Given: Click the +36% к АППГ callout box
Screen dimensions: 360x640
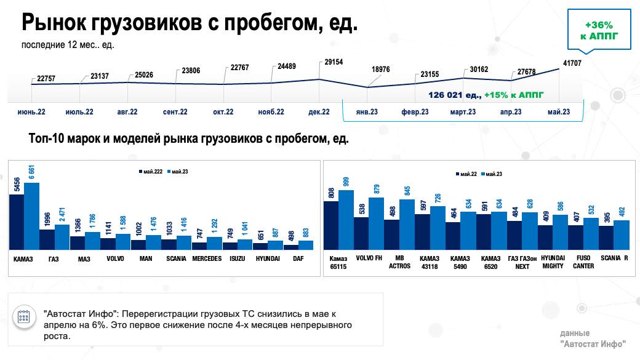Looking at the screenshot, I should (599, 30).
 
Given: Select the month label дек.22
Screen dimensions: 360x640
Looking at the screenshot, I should (318, 112).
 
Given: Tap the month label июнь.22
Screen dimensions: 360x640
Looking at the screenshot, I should (31, 112).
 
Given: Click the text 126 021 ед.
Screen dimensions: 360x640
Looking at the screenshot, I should (455, 95).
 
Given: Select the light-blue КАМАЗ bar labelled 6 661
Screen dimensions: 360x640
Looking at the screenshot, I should (32, 215).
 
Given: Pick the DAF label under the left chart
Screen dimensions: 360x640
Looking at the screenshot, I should (299, 259).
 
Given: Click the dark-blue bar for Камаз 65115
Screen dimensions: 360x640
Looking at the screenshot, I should (331, 225).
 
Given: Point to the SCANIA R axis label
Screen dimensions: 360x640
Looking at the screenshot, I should (614, 258).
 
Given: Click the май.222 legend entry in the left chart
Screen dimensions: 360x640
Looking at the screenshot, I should (150, 172).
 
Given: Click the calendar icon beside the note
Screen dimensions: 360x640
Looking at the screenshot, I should (25, 317).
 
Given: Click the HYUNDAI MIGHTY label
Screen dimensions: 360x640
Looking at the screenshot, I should (553, 263).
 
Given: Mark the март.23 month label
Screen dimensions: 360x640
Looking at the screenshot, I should (463, 112).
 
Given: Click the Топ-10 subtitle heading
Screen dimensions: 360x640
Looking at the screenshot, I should (189, 139).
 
